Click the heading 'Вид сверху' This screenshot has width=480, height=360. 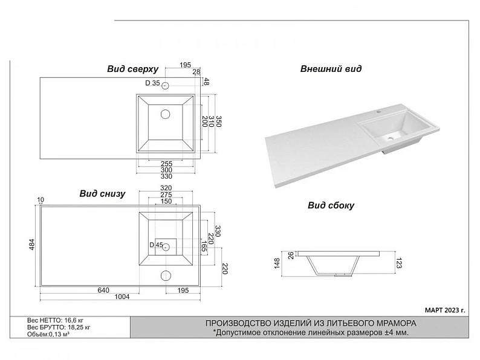[x=132, y=69]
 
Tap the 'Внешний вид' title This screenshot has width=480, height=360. [x=331, y=68]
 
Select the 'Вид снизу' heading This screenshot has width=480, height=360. [x=102, y=194]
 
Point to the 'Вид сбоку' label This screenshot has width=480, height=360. [x=331, y=205]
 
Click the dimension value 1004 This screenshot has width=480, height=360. [x=122, y=297]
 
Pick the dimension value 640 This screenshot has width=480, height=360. [x=103, y=290]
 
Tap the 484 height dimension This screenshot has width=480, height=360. [x=32, y=245]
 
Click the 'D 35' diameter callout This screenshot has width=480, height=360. [x=152, y=83]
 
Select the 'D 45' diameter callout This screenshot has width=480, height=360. [x=156, y=245]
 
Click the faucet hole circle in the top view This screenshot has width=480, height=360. [x=165, y=86]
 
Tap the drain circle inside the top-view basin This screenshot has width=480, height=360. [x=165, y=114]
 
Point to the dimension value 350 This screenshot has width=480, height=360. [x=219, y=121]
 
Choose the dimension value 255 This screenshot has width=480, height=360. [x=166, y=164]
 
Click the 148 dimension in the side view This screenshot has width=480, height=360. [x=277, y=263]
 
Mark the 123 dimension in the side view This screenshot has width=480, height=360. [x=398, y=263]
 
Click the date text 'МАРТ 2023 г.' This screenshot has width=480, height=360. [x=445, y=310]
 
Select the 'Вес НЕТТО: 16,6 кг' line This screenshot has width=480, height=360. [x=55, y=321]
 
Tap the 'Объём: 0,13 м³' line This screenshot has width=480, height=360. [x=48, y=334]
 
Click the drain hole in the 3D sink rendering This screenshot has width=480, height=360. [x=390, y=138]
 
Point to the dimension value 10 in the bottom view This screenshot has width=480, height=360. [x=41, y=200]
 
